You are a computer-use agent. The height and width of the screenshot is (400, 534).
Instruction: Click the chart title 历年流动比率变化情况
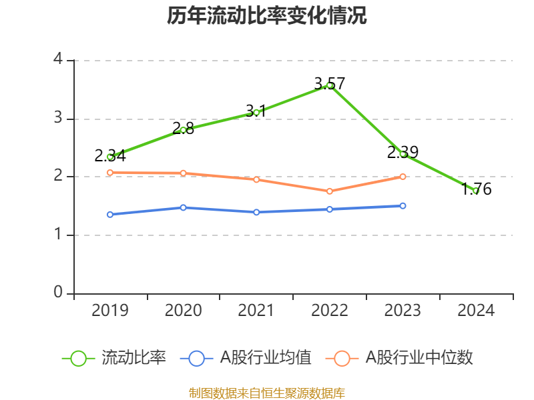267,16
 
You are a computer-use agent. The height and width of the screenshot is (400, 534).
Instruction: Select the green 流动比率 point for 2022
330,85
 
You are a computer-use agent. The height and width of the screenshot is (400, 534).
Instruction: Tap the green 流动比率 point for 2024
476,191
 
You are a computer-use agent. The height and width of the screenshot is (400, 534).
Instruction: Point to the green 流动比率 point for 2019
110,157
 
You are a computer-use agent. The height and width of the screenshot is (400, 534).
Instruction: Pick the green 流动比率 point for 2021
256,112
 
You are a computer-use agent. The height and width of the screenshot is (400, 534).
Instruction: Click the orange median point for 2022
330,191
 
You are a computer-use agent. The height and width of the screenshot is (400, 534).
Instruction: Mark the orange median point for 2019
110,173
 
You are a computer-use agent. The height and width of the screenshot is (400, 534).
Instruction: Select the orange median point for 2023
403,177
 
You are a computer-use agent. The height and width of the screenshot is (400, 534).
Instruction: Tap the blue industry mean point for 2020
184,207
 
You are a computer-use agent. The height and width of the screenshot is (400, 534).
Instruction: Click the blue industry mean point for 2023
403,206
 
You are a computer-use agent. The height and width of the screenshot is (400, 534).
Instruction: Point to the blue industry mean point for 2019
110,215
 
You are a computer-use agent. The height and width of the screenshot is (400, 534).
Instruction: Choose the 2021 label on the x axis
256,311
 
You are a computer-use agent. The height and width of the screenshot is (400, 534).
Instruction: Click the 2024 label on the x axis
476,311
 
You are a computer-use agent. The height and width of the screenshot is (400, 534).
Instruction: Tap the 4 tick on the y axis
58,60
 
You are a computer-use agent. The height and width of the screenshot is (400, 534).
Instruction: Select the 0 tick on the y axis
58,293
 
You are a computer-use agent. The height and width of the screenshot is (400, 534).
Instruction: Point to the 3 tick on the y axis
58,119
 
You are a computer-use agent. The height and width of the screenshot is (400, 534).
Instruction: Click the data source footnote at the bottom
267,393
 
